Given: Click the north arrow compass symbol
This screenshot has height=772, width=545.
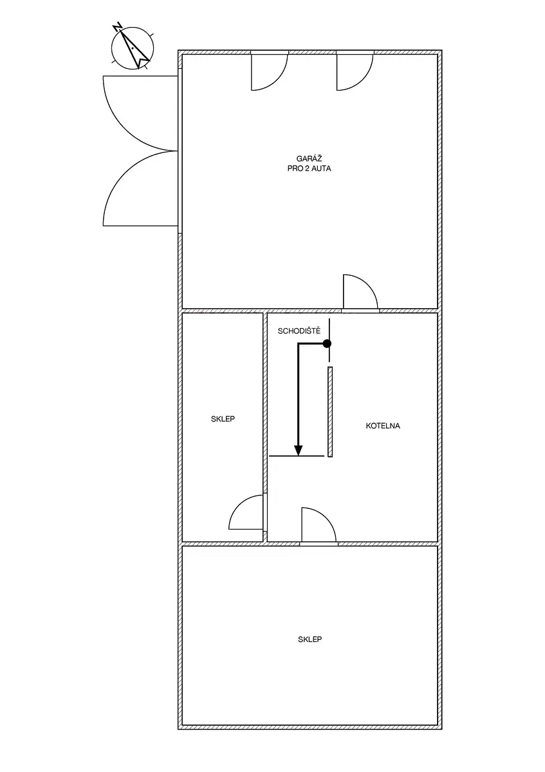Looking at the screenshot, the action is point(133,48).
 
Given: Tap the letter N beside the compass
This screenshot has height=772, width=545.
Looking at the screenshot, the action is point(118,26).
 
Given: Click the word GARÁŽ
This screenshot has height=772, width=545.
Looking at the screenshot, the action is point(309,158).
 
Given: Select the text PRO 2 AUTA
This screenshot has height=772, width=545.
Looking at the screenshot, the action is point(309,169).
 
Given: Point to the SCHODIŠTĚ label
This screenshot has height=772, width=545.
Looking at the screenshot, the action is point(299,331).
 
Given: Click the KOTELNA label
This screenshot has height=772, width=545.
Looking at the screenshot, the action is point(383,426).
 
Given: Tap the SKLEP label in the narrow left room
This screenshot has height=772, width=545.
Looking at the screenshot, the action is point(223,419).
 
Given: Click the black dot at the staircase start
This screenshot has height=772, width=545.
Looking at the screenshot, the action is point(327,344).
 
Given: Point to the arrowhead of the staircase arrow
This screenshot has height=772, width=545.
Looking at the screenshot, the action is point(298,450).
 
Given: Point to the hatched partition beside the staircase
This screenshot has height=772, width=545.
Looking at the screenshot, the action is point(330,412).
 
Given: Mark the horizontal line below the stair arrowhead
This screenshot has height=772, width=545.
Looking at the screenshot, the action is point(297,456).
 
